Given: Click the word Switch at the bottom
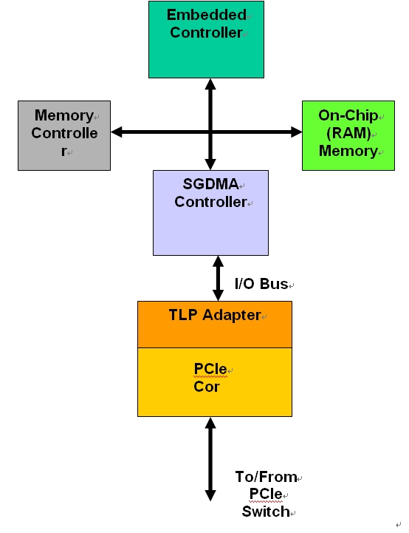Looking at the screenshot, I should (x=265, y=512).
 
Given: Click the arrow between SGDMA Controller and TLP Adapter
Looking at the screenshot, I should (x=218, y=278).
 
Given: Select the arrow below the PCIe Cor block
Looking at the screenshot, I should (x=210, y=458).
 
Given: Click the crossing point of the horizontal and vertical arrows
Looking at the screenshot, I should (x=210, y=132).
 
